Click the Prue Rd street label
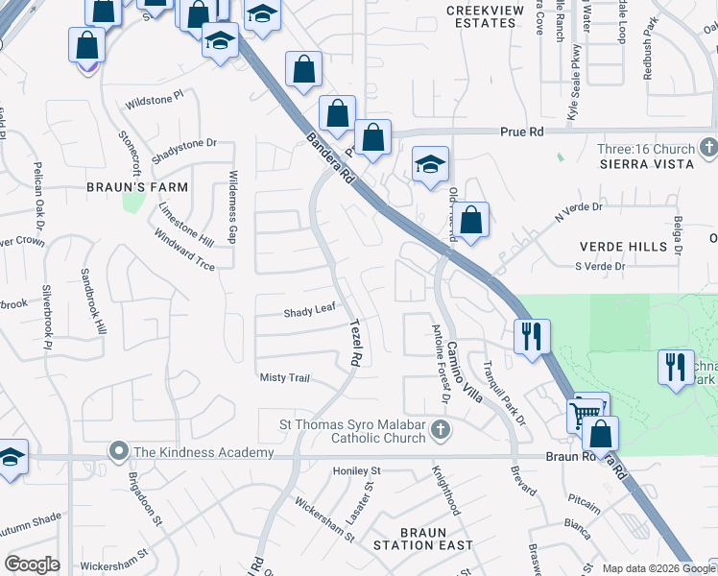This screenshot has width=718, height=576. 521,131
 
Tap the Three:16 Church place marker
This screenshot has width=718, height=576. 709,148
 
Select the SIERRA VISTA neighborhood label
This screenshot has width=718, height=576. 645,164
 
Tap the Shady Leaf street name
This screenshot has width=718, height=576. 309,313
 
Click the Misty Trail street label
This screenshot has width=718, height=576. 285,378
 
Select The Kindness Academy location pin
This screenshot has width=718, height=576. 119,450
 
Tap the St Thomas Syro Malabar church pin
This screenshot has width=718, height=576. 441,430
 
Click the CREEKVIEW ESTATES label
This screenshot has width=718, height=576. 488,16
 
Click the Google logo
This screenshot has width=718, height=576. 32,564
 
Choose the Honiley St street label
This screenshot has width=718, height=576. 357,471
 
